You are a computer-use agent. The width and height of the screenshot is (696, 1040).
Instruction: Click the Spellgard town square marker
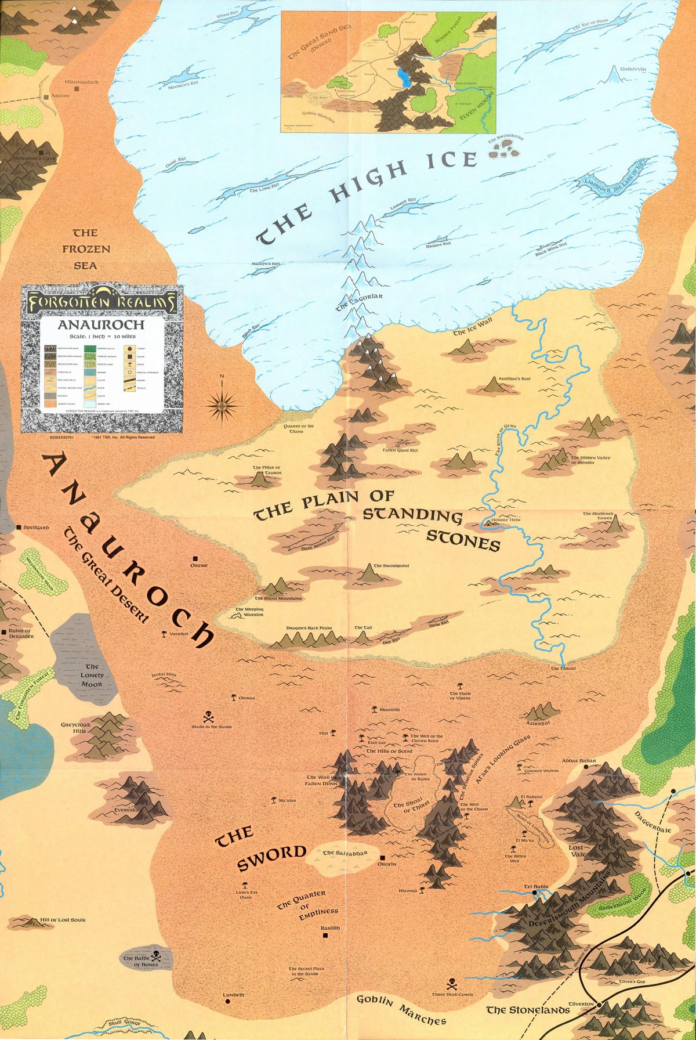(19, 527)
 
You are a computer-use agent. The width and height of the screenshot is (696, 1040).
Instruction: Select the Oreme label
(198, 565)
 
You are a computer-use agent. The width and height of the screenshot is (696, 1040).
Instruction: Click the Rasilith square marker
(326, 936)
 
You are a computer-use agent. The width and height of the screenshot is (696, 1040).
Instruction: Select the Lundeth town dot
(227, 1002)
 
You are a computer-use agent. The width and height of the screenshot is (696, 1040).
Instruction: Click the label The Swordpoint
(391, 565)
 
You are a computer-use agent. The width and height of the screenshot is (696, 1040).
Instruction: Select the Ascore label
(60, 95)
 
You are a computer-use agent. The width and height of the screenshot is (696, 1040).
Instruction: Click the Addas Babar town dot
(586, 767)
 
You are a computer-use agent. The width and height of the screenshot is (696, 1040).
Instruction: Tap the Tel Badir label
(536, 887)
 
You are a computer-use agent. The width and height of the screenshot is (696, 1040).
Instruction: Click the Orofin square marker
(383, 857)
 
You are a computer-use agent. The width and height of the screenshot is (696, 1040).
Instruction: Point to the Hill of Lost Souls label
(63, 920)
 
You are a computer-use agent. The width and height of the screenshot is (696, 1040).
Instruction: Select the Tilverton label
(581, 1003)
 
